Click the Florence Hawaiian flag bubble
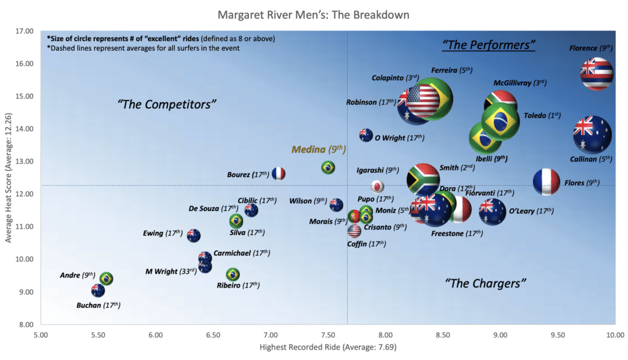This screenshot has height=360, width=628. pos(597,74)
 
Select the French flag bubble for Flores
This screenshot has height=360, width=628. pos(546,182)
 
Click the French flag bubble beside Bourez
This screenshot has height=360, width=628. pos(278,174)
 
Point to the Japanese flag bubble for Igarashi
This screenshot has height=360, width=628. pos(378,186)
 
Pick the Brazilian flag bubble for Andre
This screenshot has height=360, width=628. pos(106,279)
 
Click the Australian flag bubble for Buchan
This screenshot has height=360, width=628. pos(98,291)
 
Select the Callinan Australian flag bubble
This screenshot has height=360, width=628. pos(592,135)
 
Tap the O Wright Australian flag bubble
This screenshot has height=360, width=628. pos(366,136)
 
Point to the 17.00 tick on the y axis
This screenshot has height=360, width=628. pos(25,31)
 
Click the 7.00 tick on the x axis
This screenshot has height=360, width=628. pos(270,335)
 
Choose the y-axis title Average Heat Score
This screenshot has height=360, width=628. pos(8,178)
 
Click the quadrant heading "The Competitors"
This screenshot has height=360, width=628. pos(167,104)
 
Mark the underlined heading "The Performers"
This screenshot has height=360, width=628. pos(489,45)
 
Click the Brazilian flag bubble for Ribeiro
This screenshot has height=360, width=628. pos(233,274)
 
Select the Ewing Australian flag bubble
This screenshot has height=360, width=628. pos(194,235)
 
